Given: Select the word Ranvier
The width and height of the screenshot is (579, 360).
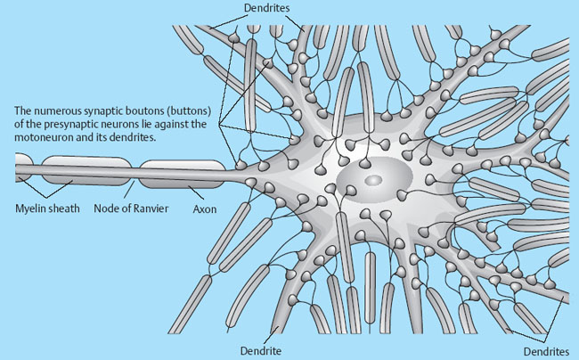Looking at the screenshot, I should tap(151, 209).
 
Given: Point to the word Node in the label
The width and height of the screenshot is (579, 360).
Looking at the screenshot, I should tap(106, 209).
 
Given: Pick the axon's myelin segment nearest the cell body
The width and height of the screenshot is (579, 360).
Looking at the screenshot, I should tap(182, 172).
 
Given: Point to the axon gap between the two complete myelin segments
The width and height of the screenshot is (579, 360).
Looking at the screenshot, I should tap(134, 171).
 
